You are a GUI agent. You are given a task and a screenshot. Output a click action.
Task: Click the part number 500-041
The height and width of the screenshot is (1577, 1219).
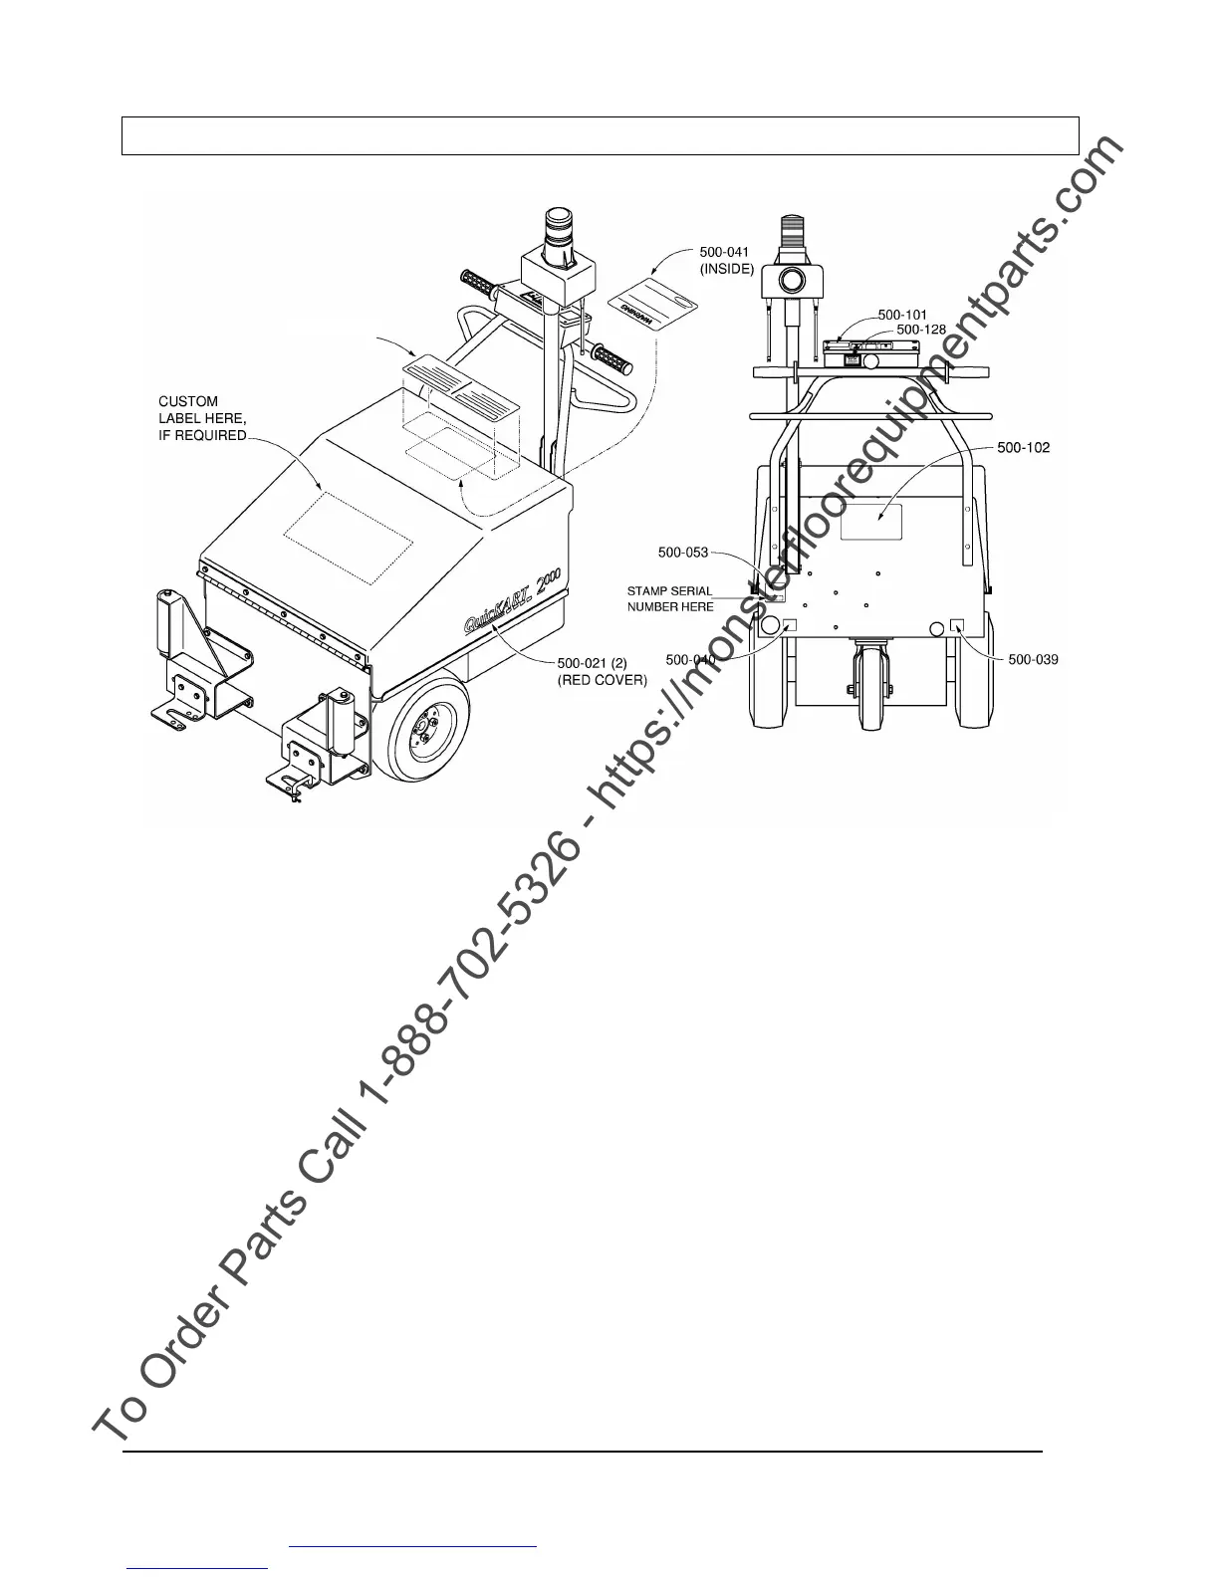point(723,252)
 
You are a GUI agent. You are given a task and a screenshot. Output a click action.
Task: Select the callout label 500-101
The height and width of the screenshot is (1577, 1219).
point(902,315)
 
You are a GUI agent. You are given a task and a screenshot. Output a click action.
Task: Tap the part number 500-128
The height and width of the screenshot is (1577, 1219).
point(921,330)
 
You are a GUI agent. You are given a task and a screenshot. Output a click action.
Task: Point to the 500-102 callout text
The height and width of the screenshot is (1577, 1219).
point(1023,448)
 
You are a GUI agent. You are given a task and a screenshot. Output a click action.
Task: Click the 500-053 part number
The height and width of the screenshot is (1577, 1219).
point(683,553)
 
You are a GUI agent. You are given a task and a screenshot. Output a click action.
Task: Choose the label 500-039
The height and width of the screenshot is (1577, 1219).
point(1033,659)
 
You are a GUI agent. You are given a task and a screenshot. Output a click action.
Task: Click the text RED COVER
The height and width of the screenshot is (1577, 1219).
point(602,680)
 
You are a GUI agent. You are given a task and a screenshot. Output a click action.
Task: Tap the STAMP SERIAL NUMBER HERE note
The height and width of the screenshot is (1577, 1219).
point(669,598)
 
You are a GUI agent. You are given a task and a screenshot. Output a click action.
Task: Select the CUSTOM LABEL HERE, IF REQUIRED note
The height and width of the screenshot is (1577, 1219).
point(202,419)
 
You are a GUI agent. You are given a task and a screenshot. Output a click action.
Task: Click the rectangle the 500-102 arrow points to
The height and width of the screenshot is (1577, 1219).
point(870,521)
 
